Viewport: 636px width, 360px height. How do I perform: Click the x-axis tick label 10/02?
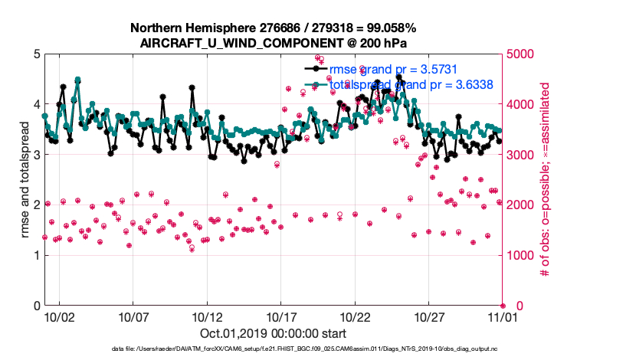pos(59,316)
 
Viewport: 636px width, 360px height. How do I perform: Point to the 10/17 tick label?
pos(280,316)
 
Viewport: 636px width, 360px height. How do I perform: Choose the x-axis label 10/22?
pos(355,316)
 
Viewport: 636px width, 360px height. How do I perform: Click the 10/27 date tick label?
pos(429,316)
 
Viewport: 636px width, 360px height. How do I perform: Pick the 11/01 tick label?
pos(503,316)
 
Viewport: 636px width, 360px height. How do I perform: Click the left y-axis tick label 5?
pos(35,54)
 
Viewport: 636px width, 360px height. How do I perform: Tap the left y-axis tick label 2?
pos(35,205)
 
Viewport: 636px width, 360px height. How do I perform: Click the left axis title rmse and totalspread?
pos(25,179)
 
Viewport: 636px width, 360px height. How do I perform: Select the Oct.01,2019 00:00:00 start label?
pos(273,334)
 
